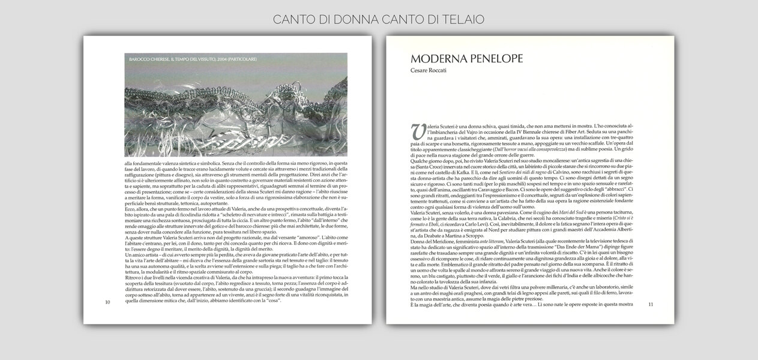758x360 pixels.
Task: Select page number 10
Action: click(107, 302)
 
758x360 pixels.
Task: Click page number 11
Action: click(651, 305)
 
